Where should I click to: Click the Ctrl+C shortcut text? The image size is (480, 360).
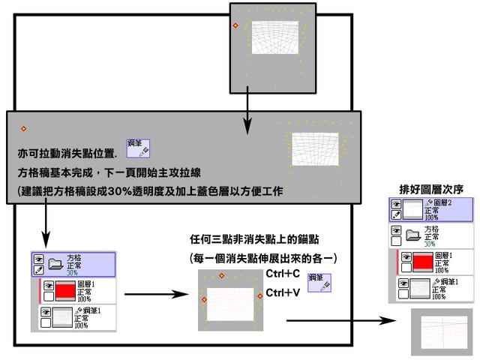pyautogui.click(x=283, y=274)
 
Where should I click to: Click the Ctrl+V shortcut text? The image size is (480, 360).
pyautogui.click(x=283, y=292)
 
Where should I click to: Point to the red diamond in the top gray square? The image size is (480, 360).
pyautogui.click(x=235, y=26)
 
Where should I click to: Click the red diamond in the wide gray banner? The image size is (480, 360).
pyautogui.click(x=24, y=129)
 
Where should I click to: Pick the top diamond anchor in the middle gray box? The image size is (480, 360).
pyautogui.click(x=221, y=276)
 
